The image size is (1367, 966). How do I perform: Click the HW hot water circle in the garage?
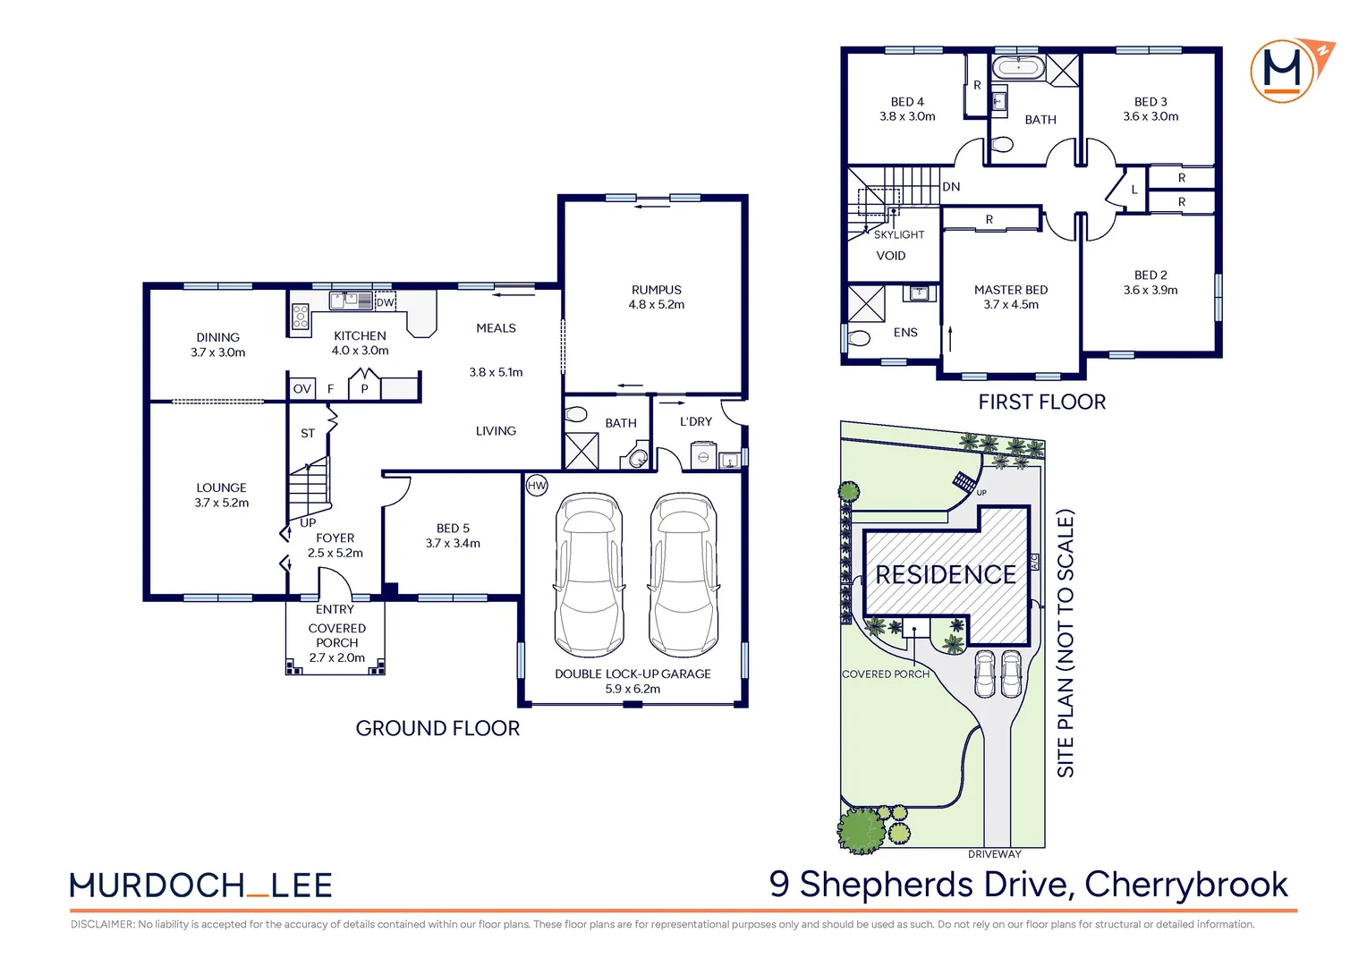pos(537,486)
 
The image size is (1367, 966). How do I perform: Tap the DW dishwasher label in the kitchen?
pos(385,302)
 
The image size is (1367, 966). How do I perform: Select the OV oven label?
pos(302,389)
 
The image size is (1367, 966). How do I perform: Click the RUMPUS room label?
pos(656,290)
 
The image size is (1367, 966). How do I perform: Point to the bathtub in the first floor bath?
pos(1018,67)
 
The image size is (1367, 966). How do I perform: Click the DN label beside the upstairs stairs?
pos(951,187)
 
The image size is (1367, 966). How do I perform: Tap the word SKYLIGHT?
pos(899,235)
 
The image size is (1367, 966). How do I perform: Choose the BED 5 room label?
pos(453,529)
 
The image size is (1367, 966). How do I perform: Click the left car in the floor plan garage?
pos(589,574)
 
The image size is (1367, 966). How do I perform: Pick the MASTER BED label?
pos(1011,290)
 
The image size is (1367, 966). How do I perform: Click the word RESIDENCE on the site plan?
pos(946,575)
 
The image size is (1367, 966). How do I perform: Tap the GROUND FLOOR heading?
pos(437,728)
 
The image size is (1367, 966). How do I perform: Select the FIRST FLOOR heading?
pos(1041,402)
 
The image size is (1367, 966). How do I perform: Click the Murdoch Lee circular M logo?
pos(1282,71)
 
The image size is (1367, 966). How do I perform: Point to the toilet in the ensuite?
pos(859,337)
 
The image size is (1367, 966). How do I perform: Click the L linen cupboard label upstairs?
pos(1134,190)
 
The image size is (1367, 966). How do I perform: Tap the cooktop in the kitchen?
pos(301,318)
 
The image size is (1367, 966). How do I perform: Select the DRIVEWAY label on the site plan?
pos(994,854)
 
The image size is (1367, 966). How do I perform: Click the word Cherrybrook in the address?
pos(1186,885)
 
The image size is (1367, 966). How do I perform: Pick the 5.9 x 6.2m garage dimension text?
pos(633,689)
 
